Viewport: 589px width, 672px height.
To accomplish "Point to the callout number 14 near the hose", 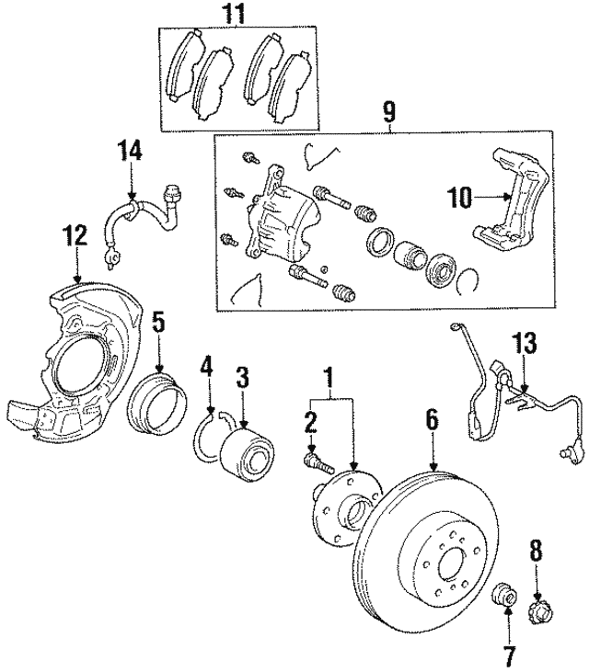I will (x=130, y=150).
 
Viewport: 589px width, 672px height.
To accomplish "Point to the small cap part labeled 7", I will (x=503, y=596).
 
